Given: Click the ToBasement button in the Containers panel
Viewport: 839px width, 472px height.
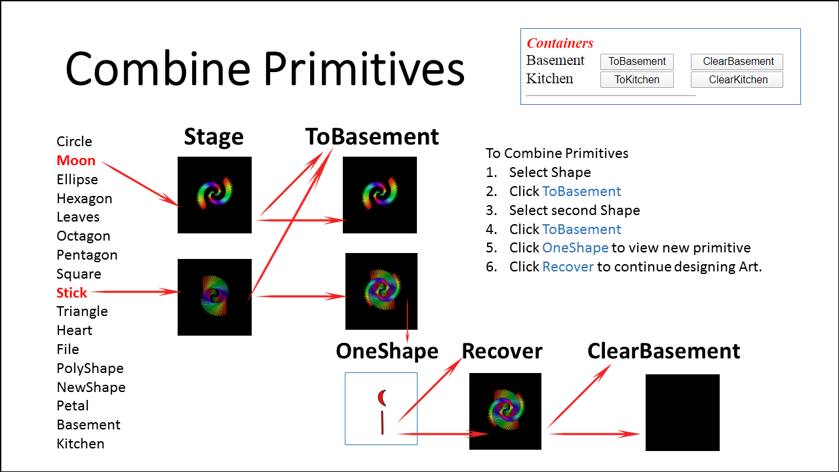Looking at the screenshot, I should click(x=636, y=62).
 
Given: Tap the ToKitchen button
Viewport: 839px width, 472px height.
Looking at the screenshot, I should click(x=636, y=80).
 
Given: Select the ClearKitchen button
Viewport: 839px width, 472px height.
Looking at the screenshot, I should click(x=737, y=80).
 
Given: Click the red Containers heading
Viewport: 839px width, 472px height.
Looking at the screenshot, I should click(x=560, y=43).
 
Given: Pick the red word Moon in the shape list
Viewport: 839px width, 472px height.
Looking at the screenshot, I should click(x=76, y=161).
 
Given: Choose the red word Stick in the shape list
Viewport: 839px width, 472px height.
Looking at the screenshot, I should click(x=72, y=292).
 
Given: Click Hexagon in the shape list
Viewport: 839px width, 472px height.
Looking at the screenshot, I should click(x=84, y=199).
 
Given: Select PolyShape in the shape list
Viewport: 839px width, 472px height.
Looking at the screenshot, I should click(x=90, y=368).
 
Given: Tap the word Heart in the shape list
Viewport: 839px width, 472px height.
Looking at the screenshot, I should click(x=74, y=330).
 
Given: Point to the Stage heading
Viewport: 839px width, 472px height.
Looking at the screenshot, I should click(x=214, y=137).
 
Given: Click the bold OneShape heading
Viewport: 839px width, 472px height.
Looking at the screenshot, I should click(x=387, y=351).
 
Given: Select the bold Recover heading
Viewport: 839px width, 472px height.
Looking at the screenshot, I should click(x=502, y=351).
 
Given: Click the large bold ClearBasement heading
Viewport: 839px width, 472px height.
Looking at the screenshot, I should click(x=663, y=351).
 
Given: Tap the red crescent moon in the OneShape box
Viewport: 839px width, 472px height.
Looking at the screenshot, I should click(x=381, y=397).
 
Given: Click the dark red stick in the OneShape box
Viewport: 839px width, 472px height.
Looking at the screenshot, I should click(x=382, y=423).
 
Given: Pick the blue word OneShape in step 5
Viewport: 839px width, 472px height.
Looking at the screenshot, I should click(x=575, y=248).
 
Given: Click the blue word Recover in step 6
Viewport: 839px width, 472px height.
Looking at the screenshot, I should click(x=568, y=267).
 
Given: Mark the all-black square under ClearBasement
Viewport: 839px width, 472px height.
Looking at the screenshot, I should click(x=682, y=412).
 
